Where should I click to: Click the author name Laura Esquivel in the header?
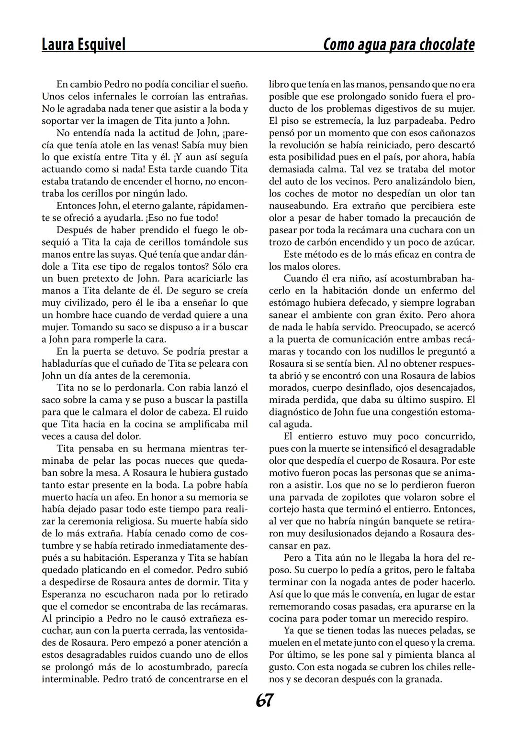83,44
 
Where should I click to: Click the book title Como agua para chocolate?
399,44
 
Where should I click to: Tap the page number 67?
264,700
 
